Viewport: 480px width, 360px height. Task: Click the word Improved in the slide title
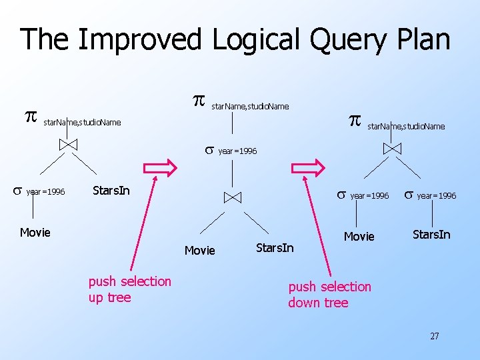[x=139, y=39]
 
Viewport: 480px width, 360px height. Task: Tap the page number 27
[x=434, y=336]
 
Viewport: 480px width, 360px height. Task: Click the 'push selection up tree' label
[x=129, y=289]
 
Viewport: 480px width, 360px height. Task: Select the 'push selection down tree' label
[x=329, y=295]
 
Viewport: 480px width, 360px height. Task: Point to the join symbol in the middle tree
[x=232, y=197]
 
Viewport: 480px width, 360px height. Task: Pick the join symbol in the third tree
[x=392, y=148]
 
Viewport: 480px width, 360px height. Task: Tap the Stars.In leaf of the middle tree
[x=275, y=248]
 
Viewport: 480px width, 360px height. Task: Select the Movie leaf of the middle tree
[x=199, y=251]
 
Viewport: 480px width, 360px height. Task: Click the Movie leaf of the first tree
[x=35, y=232]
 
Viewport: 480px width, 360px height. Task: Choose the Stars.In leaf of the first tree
[x=111, y=191]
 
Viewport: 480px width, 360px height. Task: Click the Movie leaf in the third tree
[x=359, y=237]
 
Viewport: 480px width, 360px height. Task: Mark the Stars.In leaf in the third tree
[x=431, y=234]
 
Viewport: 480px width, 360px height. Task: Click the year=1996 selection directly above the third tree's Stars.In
[x=430, y=195]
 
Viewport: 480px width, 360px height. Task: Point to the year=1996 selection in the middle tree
[x=231, y=151]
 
